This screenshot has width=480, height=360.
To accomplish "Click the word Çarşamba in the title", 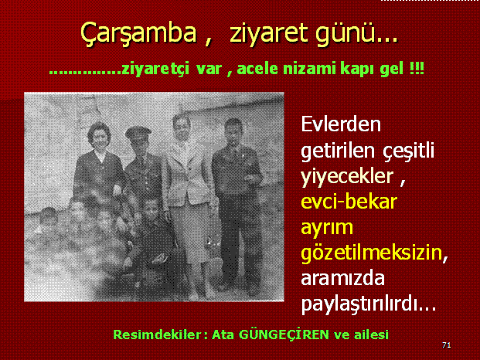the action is (x=138, y=34).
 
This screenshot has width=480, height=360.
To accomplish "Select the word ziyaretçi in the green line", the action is (x=155, y=69).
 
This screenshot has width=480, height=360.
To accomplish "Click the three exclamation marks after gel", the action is (x=417, y=68).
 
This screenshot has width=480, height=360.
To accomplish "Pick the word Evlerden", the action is (x=341, y=124).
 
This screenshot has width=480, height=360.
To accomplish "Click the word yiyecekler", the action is (x=347, y=177).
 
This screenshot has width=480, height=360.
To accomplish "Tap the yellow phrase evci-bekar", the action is (x=349, y=202).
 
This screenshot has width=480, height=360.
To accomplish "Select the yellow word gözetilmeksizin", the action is (x=372, y=253).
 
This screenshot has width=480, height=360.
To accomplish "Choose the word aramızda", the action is (x=343, y=278).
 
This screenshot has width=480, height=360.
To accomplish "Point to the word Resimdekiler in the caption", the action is (x=158, y=335).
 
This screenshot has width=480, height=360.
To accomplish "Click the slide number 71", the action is (x=447, y=345).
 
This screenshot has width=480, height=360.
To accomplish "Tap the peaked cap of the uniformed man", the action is (x=138, y=132).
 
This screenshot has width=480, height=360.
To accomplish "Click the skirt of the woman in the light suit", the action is (x=188, y=233).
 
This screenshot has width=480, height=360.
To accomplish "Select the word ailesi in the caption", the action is (x=371, y=335).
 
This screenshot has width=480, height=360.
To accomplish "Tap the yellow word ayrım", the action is (x=327, y=228).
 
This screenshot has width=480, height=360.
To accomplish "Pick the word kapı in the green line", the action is (x=356, y=69).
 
